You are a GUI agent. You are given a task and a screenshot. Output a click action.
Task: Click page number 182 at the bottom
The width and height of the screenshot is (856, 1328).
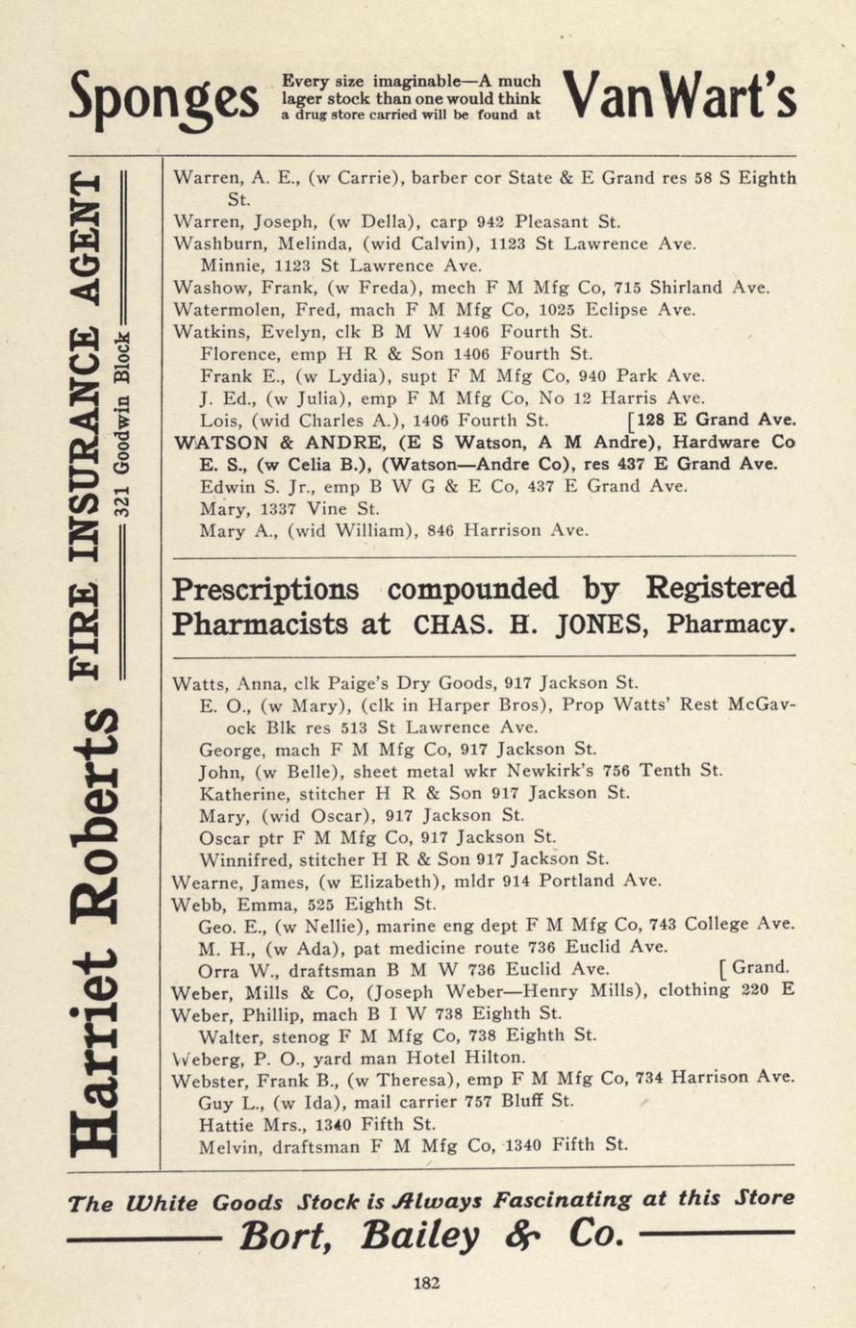coord(427,1282)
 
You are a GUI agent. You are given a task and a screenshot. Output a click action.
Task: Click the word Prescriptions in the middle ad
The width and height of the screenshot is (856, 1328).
coord(265,588)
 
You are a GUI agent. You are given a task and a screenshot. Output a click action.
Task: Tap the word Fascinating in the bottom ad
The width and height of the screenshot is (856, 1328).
coord(562,1199)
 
